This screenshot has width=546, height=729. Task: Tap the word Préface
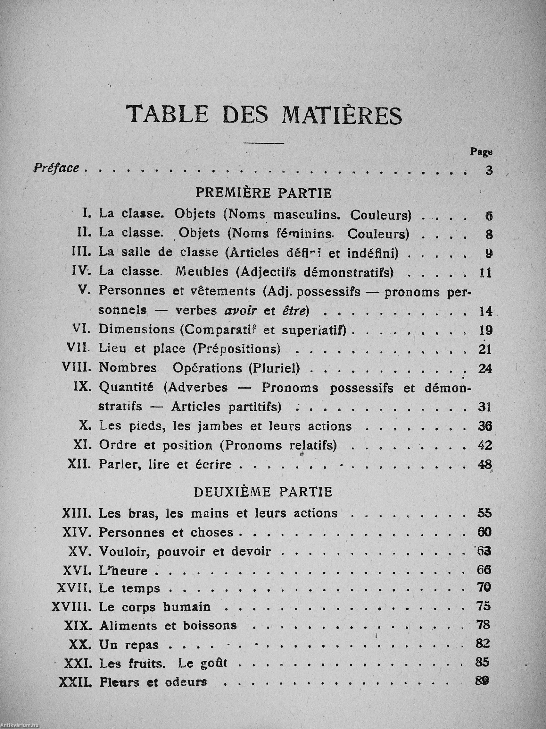coord(56,168)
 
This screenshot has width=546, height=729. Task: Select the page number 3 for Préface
coord(489,171)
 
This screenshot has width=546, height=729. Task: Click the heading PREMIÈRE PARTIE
coord(264,193)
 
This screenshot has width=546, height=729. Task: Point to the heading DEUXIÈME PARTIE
coord(263,492)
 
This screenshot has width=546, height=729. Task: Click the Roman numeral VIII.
coord(76,367)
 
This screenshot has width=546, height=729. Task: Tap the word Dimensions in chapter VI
coord(136,330)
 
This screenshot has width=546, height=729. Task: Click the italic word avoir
coord(241,311)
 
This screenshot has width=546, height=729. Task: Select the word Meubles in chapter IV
coord(202,272)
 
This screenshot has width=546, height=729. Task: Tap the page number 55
coord(484,513)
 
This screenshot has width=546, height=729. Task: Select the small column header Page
coord(481,152)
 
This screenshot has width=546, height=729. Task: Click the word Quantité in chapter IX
coord(126,388)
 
